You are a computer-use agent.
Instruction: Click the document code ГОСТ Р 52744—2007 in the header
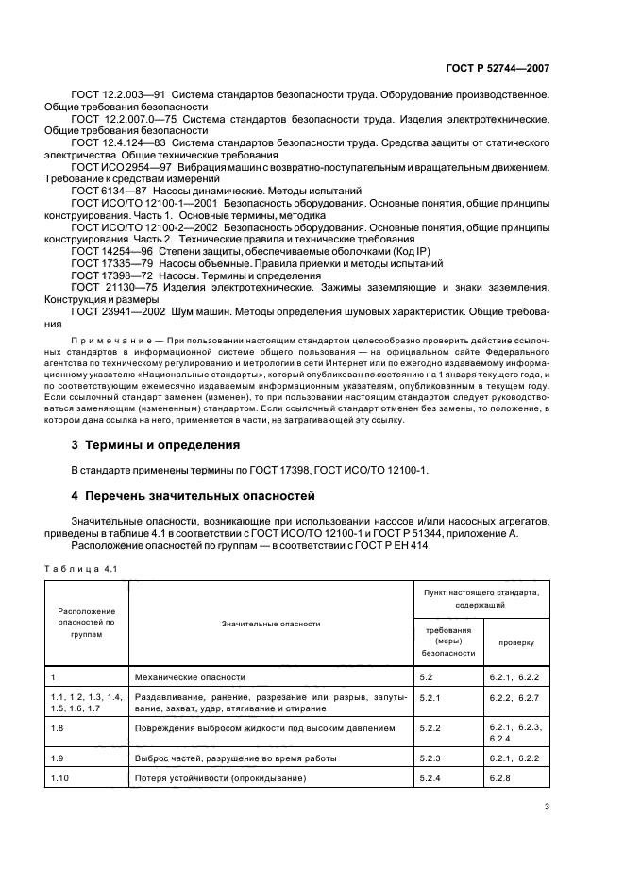tap(497, 69)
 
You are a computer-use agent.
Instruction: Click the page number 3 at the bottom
tap(547, 832)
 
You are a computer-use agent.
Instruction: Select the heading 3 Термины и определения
tap(156, 445)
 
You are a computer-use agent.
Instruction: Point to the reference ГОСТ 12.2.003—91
tap(110, 96)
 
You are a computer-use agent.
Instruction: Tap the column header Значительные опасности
tap(271, 624)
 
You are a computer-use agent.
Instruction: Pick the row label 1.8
tap(57, 729)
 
